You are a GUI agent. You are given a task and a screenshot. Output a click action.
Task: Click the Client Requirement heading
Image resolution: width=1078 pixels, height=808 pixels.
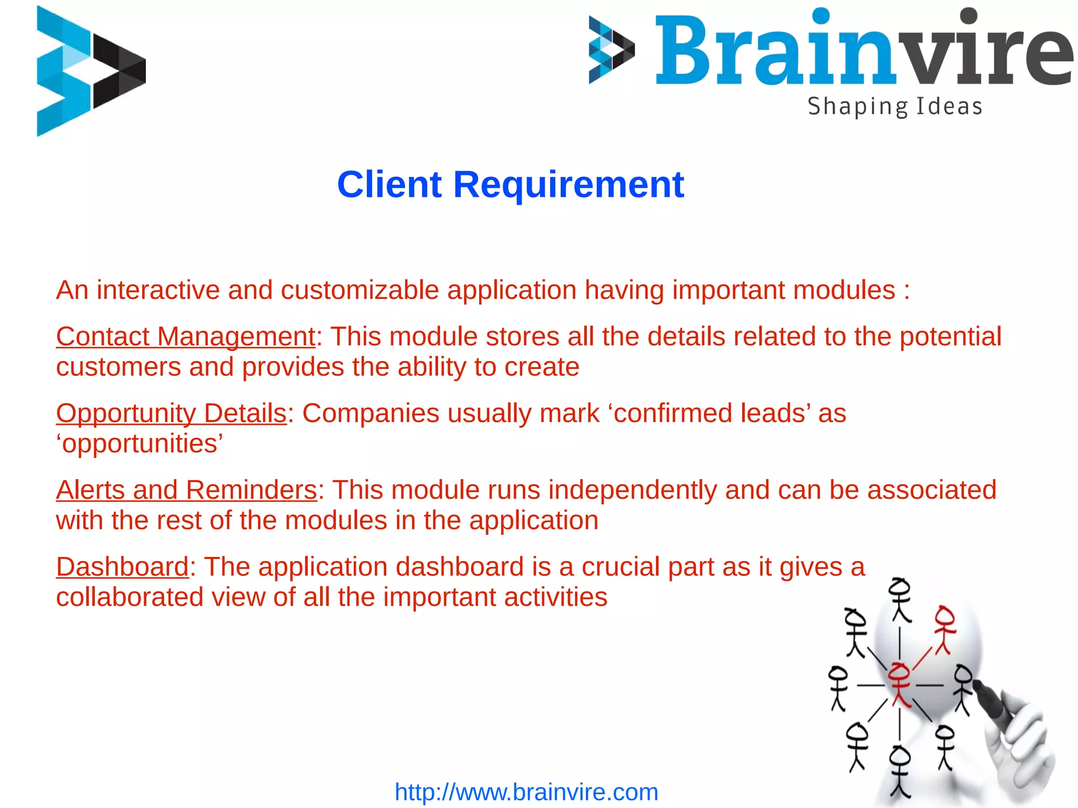(x=510, y=185)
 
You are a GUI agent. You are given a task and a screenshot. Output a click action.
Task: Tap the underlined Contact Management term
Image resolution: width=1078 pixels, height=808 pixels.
(x=186, y=336)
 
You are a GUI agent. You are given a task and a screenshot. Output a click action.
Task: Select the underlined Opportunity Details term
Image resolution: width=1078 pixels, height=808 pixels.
(x=172, y=413)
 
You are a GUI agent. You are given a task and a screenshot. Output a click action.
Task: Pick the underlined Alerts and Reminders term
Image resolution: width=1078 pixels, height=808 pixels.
(x=187, y=490)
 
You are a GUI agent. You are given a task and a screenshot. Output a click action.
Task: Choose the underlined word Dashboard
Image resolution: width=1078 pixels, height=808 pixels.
(x=122, y=567)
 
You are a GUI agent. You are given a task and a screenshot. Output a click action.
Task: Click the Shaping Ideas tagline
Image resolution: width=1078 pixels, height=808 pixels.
(x=895, y=106)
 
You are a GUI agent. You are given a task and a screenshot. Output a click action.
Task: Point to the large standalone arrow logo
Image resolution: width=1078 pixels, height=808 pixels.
(x=91, y=71)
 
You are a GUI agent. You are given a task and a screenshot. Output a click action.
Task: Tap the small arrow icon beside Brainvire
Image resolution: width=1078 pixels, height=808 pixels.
(x=611, y=50)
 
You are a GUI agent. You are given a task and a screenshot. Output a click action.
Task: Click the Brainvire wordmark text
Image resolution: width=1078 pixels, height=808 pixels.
(x=863, y=50)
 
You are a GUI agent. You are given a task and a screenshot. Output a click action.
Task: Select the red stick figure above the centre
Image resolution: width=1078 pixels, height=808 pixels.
(x=945, y=629)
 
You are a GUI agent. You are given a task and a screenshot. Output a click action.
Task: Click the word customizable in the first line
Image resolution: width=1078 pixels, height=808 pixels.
(x=360, y=290)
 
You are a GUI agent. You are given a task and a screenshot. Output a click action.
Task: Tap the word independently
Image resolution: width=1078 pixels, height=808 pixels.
(x=633, y=490)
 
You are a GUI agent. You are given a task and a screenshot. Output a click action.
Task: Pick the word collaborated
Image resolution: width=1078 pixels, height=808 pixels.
(x=129, y=597)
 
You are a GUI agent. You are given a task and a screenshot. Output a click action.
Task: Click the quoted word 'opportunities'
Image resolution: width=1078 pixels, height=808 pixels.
(x=140, y=444)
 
